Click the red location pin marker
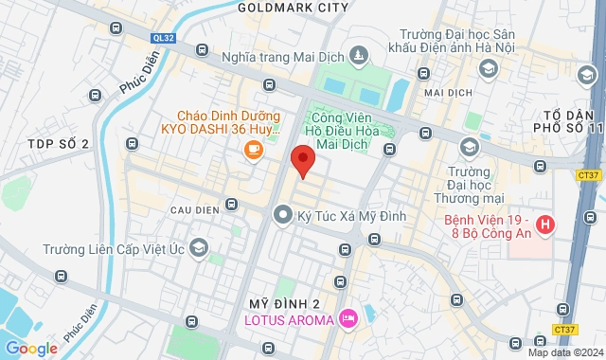(303, 161)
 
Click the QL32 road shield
(164, 38)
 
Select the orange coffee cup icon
(253, 149)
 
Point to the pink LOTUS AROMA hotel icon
(348, 317)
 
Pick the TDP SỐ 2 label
(59, 144)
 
